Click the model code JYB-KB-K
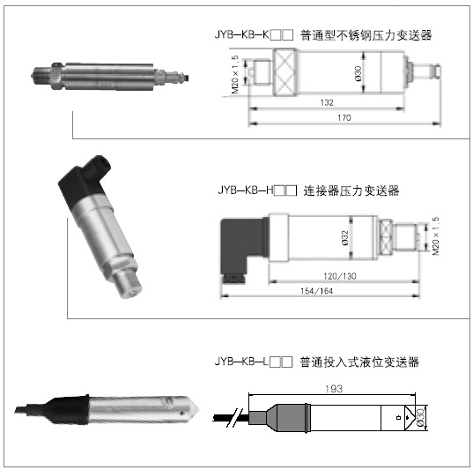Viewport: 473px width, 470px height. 241,34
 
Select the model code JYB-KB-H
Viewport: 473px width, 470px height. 245,190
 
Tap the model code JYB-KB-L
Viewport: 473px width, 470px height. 241,362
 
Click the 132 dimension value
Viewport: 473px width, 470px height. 327,102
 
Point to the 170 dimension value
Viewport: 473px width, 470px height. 344,117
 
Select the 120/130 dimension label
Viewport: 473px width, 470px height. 340,276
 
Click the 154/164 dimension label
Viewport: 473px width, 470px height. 317,291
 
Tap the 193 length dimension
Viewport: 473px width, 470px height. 334,389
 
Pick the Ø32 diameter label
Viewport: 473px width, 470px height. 344,238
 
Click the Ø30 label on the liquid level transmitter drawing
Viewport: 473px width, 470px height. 420,418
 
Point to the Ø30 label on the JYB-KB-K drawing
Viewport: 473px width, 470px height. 358,73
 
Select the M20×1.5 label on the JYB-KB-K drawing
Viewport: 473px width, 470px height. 235,74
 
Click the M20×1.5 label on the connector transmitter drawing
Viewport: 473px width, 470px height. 436,236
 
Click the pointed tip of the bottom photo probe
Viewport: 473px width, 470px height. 198,409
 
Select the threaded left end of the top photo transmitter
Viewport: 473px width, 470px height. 41,75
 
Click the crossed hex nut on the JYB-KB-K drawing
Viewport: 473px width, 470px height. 285,72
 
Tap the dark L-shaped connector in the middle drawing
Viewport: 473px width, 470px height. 243,250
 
